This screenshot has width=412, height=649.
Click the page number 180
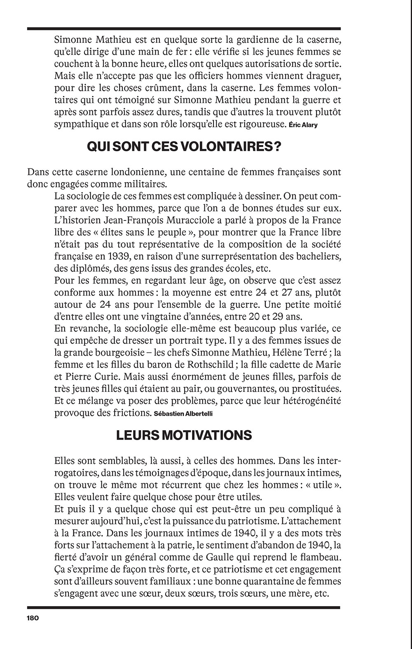click(x=32, y=618)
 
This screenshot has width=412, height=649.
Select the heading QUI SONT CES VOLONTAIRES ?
click(x=184, y=147)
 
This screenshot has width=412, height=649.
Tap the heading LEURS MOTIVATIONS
click(x=184, y=435)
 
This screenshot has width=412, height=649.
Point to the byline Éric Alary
click(x=303, y=125)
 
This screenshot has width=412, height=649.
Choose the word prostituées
click(x=316, y=389)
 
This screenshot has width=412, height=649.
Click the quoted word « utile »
click(x=323, y=485)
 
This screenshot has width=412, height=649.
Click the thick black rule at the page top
click(x=184, y=29)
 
